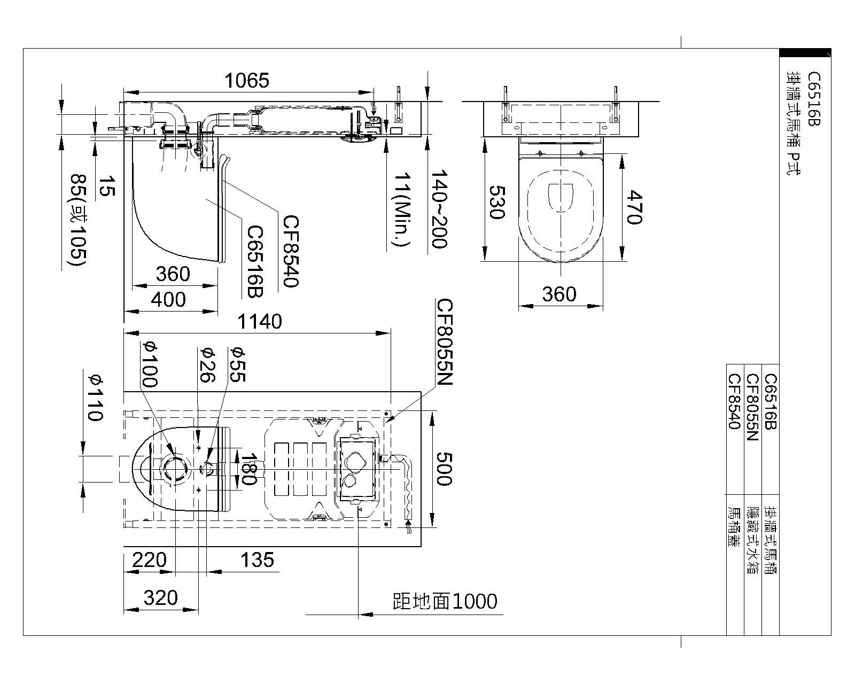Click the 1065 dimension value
pyautogui.click(x=247, y=80)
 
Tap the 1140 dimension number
pyautogui.click(x=260, y=322)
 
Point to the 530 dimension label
pyautogui.click(x=496, y=202)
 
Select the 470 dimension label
pyautogui.click(x=634, y=207)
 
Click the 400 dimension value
pyautogui.click(x=168, y=300)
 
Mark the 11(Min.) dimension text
pyautogui.click(x=402, y=209)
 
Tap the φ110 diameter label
pyautogui.click(x=96, y=398)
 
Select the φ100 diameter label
pyautogui.click(x=150, y=364)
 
